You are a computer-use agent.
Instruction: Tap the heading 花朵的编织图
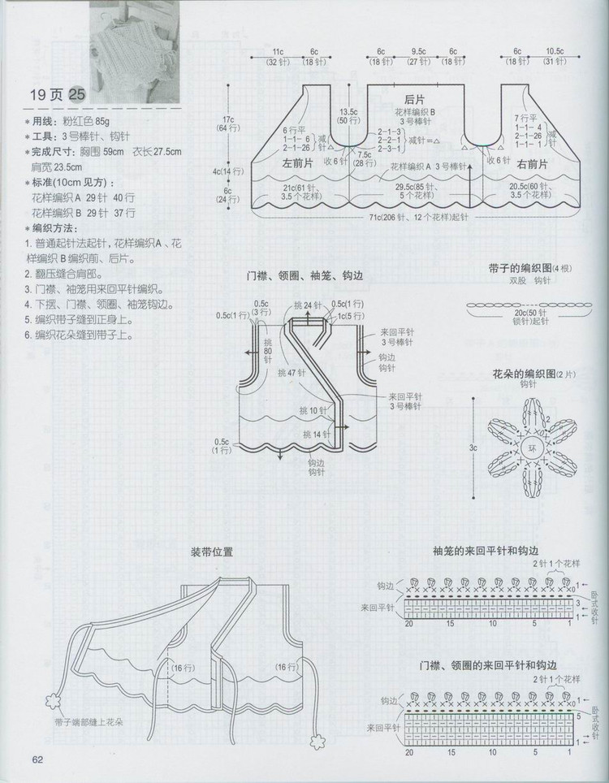point(520,374)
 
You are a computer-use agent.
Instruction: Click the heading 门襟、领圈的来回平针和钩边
point(476,666)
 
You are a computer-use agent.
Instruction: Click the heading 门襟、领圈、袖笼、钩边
point(305,276)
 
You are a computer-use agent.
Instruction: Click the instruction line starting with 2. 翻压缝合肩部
point(71,274)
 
